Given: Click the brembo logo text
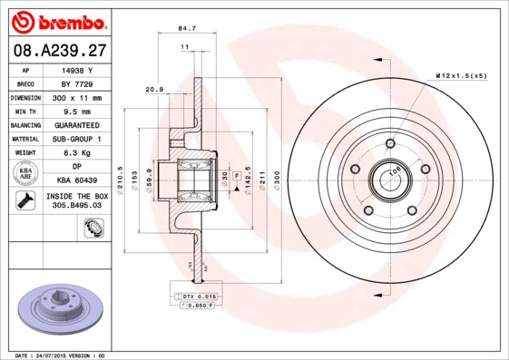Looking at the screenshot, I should point(57,21).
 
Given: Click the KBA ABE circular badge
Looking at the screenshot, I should point(25,173).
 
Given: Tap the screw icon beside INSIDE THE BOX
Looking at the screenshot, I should point(25,200).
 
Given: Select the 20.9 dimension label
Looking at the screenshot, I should point(153,89).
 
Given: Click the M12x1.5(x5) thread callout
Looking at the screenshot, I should point(460,75).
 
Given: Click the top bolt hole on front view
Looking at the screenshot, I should point(390,143).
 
